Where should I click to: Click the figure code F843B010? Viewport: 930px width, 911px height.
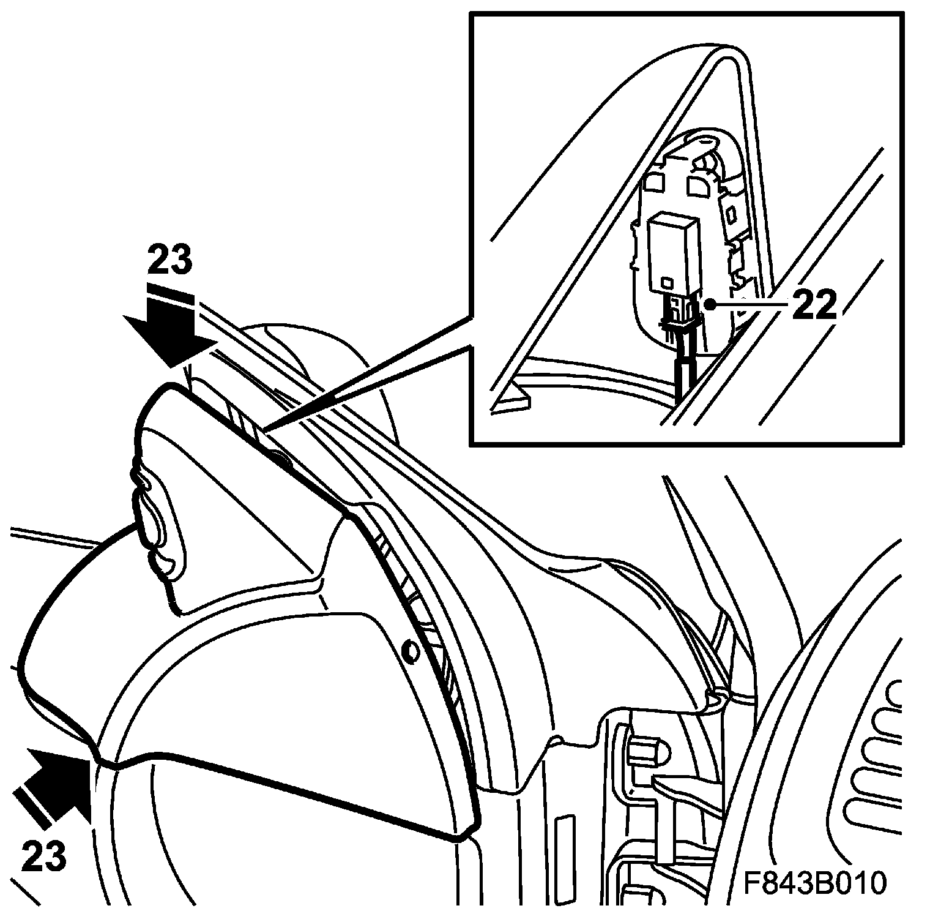[x=815, y=883]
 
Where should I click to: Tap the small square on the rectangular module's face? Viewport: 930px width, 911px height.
[x=666, y=282]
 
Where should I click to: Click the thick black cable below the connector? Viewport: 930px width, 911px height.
[x=683, y=377]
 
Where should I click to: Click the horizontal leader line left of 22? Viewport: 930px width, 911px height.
[x=750, y=304]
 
